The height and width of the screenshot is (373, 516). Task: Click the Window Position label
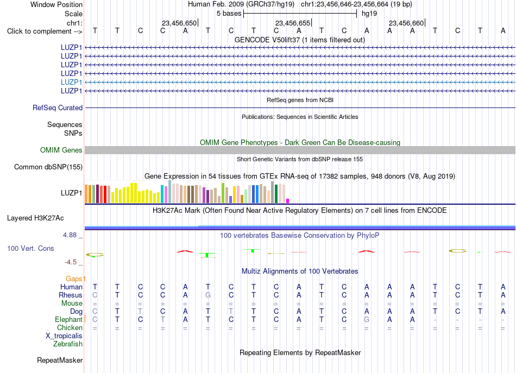(56, 4)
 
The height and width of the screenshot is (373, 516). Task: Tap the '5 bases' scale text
(229, 14)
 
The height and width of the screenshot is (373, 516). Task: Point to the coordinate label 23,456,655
(293, 23)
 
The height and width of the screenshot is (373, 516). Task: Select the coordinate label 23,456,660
(406, 23)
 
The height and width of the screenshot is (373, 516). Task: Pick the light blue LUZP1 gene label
(71, 82)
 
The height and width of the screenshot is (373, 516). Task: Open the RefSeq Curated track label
(58, 108)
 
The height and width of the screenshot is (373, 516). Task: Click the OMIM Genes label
(61, 150)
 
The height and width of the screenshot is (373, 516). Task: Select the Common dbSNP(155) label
(48, 167)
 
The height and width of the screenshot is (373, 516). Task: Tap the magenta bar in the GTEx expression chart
(288, 201)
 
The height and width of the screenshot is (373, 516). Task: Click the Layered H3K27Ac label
(35, 218)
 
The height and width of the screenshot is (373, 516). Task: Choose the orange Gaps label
(75, 279)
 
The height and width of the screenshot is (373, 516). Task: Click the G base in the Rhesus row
(208, 295)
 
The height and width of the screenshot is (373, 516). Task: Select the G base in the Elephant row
(367, 319)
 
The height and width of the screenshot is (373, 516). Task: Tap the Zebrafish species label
(68, 344)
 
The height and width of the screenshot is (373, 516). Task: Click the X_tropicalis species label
(64, 336)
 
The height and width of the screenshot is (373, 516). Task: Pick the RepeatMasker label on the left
(60, 360)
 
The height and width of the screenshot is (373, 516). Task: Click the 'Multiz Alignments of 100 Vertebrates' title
(300, 271)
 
